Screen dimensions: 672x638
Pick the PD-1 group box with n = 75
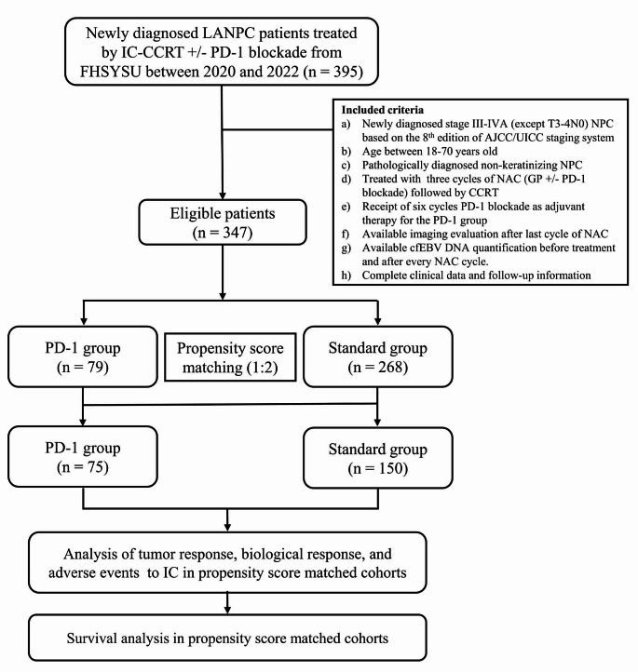pyautogui.click(x=85, y=455)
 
